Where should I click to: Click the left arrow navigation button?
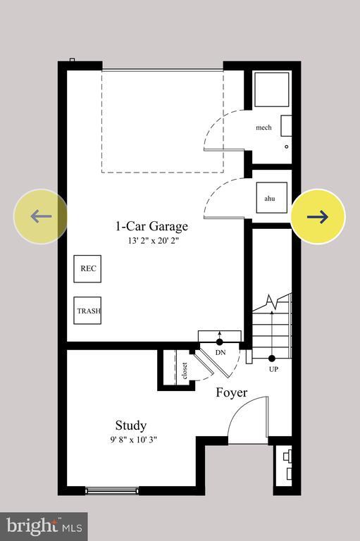(41, 216)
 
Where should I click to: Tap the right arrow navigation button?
(318, 216)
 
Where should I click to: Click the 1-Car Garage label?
(151, 226)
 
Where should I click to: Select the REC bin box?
(87, 268)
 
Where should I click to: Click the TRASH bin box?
(87, 311)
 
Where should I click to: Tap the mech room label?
(263, 128)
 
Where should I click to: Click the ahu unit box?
(270, 198)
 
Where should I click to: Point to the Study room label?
(131, 425)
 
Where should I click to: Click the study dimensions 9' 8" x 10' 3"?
(131, 440)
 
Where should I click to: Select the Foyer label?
(231, 392)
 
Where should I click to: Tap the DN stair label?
(220, 352)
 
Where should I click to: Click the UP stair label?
(272, 368)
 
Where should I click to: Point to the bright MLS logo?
(44, 526)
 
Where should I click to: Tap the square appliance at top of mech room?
(271, 89)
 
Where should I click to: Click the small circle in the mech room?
(286, 147)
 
